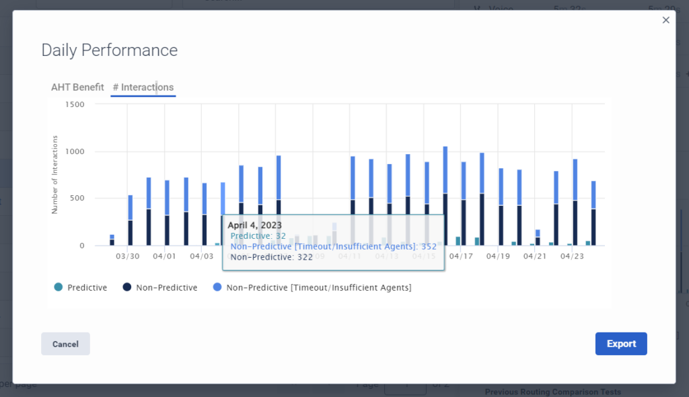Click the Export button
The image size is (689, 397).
click(620, 344)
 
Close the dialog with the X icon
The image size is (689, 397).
click(666, 20)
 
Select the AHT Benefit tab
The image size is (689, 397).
click(77, 87)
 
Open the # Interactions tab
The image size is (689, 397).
click(143, 87)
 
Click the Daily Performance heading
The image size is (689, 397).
click(110, 50)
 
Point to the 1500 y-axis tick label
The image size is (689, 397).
click(75, 104)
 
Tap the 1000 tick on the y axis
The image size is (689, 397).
click(75, 151)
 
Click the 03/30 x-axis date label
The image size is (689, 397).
click(127, 256)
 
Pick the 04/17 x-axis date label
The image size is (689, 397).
click(461, 256)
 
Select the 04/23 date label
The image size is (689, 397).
click(572, 256)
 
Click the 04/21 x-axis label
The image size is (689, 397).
click(535, 256)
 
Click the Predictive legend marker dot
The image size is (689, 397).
click(59, 288)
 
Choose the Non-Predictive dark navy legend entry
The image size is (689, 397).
click(160, 288)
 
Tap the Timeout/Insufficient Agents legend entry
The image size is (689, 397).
click(312, 288)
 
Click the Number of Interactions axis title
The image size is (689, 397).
click(55, 175)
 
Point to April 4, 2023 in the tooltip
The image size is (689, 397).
click(255, 225)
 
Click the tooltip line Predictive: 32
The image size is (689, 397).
click(258, 236)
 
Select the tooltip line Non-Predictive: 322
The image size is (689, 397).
click(272, 256)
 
